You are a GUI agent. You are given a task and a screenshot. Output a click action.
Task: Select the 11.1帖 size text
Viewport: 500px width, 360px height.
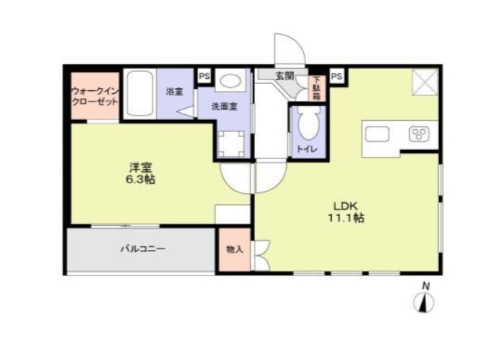(x=346, y=219)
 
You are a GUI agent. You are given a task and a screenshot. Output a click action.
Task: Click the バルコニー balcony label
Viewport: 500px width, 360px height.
(x=142, y=249)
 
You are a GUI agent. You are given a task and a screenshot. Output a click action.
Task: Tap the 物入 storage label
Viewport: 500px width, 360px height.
(x=234, y=249)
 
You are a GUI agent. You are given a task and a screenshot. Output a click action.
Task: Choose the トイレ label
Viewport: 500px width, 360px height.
(x=307, y=148)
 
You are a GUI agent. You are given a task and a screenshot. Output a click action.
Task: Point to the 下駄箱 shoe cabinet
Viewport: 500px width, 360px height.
(x=317, y=87)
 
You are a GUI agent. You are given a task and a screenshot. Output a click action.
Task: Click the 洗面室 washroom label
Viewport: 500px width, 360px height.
(x=224, y=107)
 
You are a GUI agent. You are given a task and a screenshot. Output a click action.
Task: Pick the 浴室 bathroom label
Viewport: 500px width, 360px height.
(x=175, y=92)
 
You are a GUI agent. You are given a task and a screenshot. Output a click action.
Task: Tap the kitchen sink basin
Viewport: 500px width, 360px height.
(x=377, y=133)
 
